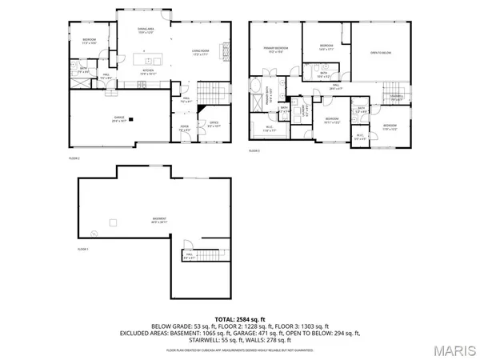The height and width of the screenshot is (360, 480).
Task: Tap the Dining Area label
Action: pos(146,30)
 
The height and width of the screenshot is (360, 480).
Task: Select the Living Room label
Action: pos(200,54)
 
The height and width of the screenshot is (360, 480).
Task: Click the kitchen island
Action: pos(147,61)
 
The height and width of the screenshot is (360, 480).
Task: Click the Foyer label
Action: pos(184,127)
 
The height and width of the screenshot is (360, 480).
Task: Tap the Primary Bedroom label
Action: pos(276,50)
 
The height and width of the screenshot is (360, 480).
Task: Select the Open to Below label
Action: pos(380,53)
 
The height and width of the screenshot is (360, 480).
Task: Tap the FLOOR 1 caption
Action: pos(82,250)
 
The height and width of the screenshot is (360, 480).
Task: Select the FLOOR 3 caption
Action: pos(254,150)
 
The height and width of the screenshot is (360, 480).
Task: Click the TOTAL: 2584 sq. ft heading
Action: pos(240,318)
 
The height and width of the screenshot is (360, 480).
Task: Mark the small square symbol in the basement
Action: pos(113,222)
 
